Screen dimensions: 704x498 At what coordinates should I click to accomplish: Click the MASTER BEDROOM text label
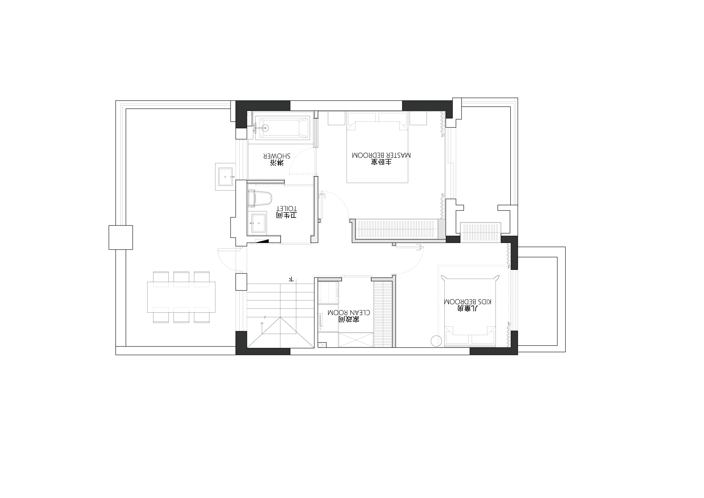point(381,155)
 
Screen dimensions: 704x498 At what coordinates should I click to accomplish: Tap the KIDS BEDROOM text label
point(468,302)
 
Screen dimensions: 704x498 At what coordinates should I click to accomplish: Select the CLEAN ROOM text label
point(349,312)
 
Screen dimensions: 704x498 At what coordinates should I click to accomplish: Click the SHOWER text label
point(277,156)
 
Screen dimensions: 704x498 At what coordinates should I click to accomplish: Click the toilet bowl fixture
point(260,198)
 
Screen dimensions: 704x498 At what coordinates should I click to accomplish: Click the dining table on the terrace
point(181,297)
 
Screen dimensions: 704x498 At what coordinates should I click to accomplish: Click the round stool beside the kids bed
point(436,341)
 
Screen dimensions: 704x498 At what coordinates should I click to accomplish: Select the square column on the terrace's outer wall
point(121,238)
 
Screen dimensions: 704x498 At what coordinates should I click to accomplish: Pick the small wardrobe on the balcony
point(481,233)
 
